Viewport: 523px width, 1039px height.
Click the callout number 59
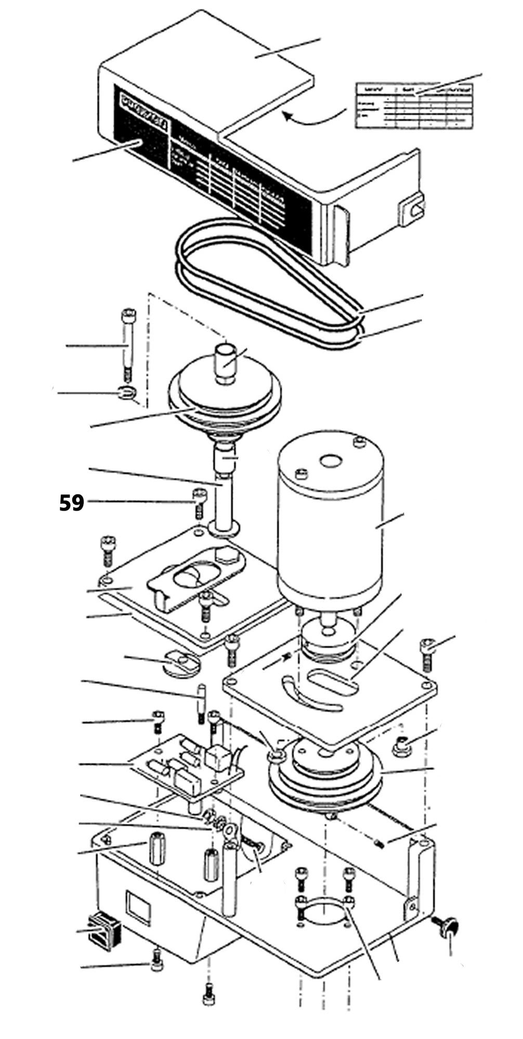72,503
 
